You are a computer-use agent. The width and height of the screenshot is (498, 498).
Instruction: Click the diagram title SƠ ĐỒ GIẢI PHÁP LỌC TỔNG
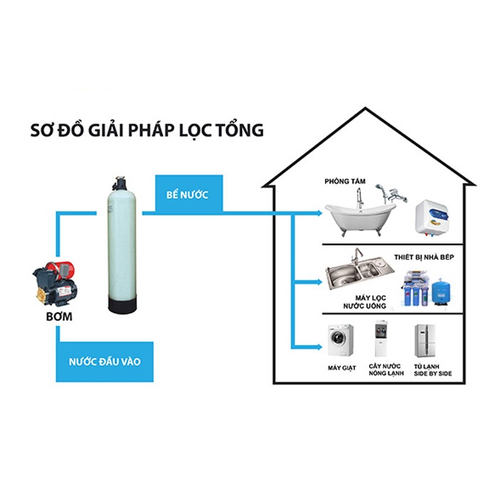147,130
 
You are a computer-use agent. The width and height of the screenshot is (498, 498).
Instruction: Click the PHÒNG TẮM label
346,181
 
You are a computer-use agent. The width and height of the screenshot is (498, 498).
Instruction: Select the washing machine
341,341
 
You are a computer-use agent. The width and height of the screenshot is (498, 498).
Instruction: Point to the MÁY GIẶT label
341,368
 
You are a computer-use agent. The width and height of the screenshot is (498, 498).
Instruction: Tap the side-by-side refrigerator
425,341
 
